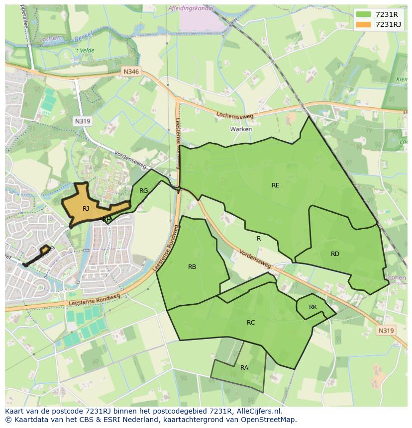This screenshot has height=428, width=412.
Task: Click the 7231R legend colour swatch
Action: coord(363,14)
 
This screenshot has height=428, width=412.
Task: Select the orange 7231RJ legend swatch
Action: coord(363,24)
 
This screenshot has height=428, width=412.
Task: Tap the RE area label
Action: coord(275,185)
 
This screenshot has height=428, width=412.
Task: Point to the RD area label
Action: coord(335,254)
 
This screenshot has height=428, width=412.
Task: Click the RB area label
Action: coord(192,267)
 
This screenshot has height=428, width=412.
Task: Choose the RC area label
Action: coord(251,323)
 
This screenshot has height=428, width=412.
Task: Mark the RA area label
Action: coord(244,368)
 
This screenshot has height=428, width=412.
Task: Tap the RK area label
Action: coord(312,307)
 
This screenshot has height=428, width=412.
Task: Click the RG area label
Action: coord(144,191)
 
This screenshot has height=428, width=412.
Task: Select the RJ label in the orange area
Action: coord(86,209)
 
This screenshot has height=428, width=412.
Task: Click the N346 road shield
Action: coord(132,72)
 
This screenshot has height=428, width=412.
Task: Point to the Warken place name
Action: coord(241,129)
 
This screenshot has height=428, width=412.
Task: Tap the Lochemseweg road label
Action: coord(235,115)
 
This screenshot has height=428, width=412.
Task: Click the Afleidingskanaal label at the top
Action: coord(191,8)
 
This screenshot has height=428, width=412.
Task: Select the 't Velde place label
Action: coord(85,51)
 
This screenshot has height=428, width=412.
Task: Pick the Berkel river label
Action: coord(84,38)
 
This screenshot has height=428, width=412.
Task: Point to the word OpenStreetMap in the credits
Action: coord(268,420)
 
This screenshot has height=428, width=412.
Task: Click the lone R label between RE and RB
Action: coord(259,239)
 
